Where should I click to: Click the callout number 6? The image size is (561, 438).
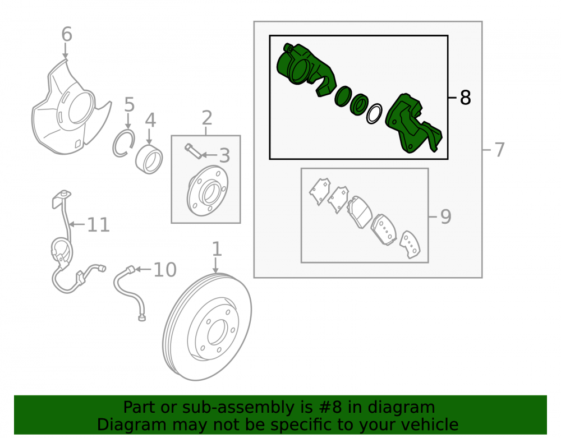[67, 35]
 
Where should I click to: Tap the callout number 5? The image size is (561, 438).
[129, 105]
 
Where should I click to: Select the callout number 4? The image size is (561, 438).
[150, 120]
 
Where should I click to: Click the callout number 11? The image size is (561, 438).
[98, 225]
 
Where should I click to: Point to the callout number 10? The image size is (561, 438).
[165, 270]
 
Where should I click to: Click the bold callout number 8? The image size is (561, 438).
[465, 97]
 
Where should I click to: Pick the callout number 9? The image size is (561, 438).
[446, 216]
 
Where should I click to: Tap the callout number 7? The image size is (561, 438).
[499, 149]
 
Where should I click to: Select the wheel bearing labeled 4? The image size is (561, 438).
[149, 159]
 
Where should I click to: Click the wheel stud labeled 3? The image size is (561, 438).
[193, 151]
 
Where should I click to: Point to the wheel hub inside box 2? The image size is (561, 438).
[208, 191]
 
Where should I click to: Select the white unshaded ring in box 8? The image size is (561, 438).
[374, 114]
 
